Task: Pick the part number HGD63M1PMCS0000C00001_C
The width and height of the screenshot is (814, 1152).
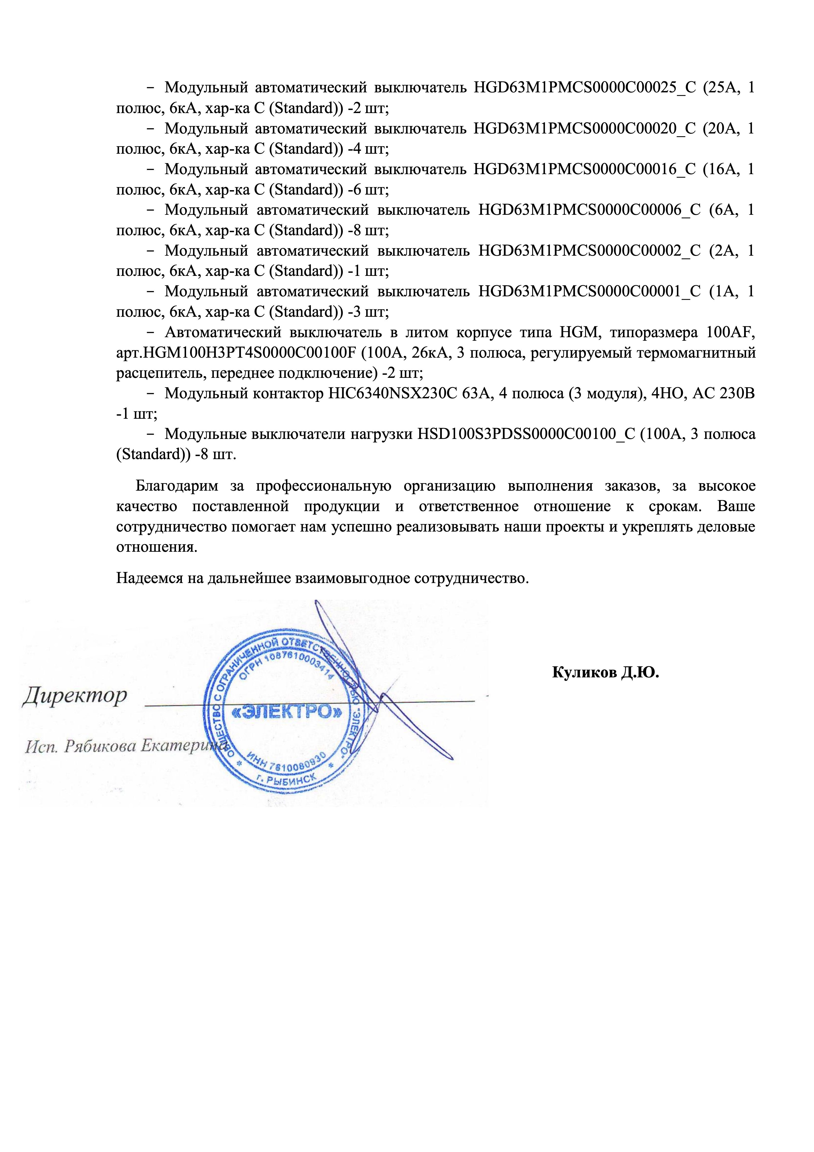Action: coord(589,292)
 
